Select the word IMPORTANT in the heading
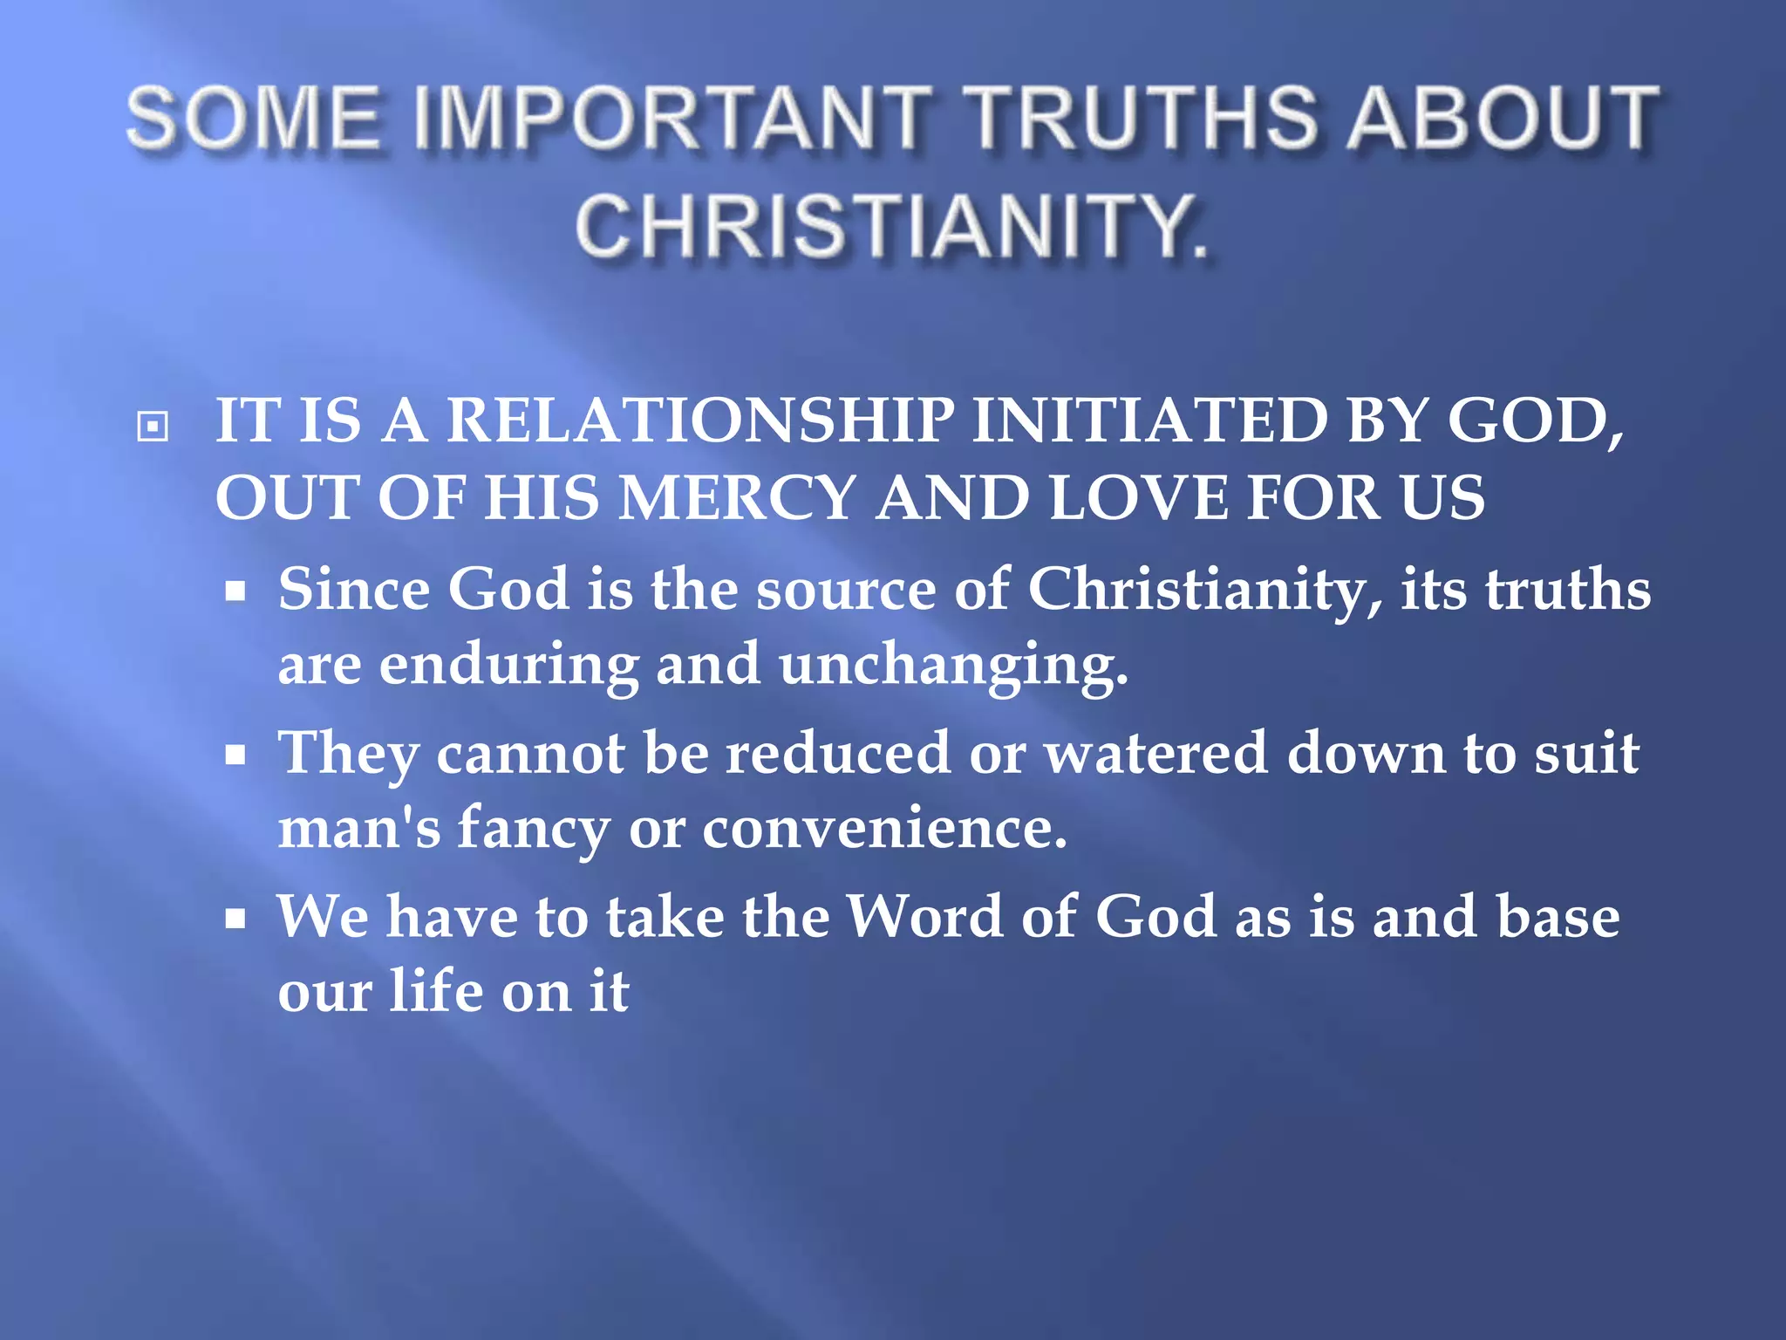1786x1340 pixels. [x=671, y=118]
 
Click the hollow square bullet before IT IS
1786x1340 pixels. [x=153, y=427]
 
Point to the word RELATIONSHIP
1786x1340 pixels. [x=700, y=420]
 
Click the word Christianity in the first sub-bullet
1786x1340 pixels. [x=1204, y=590]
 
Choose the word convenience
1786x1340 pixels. [x=884, y=828]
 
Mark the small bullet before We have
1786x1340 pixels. [x=235, y=919]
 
